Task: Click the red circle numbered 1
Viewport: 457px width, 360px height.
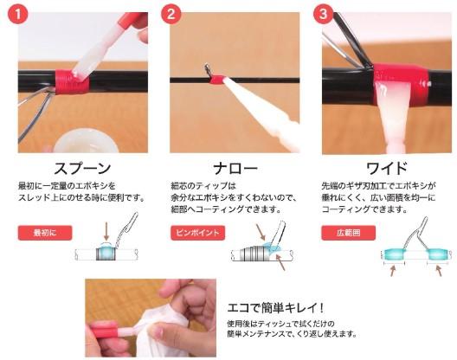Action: [18, 13]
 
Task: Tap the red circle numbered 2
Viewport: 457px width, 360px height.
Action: [171, 13]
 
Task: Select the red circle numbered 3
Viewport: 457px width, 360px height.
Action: [323, 13]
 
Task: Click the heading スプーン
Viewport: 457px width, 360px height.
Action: [83, 168]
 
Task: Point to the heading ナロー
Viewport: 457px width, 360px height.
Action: [235, 168]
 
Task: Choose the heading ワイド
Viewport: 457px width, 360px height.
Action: [387, 168]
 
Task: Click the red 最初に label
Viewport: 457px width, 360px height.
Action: [45, 233]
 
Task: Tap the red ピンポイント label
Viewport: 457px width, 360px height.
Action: [198, 233]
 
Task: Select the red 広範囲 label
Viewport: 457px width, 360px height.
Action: [349, 233]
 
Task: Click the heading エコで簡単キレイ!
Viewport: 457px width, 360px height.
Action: [275, 308]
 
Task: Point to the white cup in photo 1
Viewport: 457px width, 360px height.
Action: [87, 141]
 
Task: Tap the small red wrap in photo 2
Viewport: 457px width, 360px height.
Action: [217, 80]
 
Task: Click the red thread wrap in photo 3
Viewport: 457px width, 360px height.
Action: [401, 85]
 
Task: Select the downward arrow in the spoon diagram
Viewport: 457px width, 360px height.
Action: [106, 232]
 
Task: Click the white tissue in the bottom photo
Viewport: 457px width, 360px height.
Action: [164, 330]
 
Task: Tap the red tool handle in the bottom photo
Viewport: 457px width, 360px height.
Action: [104, 330]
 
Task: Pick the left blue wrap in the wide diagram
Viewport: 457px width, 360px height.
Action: [395, 254]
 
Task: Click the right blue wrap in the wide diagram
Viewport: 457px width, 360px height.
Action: [437, 254]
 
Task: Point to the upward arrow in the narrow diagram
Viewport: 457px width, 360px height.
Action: [280, 262]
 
